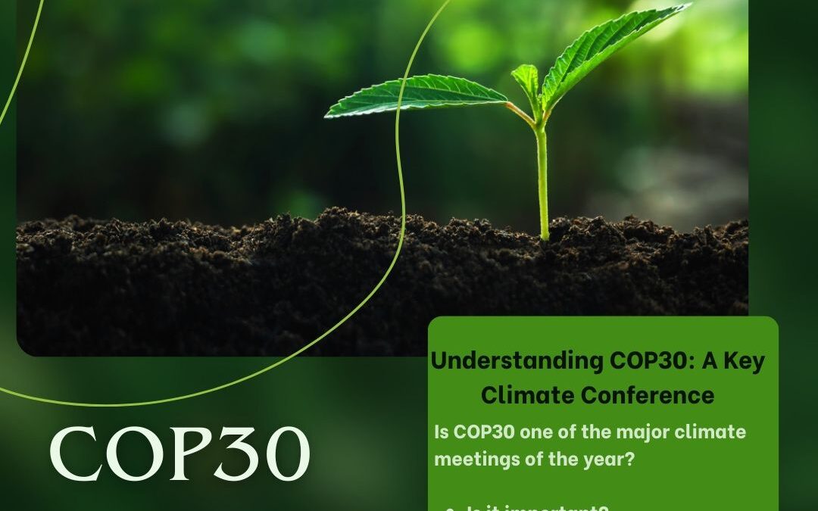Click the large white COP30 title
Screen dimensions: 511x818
[180, 453]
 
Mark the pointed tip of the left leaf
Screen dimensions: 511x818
[327, 115]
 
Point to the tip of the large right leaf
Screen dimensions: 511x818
[688, 6]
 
